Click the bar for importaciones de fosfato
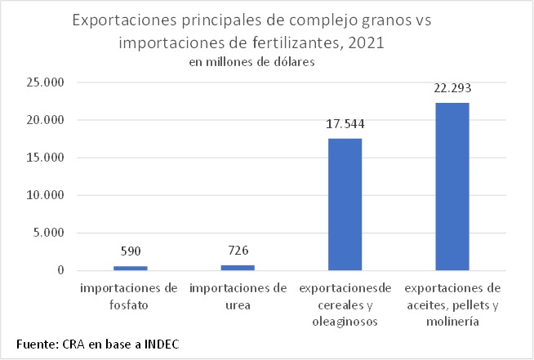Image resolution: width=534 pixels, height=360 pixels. pos(131,268)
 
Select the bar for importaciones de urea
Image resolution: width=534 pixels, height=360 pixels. pos(238,267)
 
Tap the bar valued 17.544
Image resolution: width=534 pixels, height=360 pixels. pos(345,204)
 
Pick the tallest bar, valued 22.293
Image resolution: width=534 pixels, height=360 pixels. pos(452,186)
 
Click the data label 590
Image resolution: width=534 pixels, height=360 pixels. pos(131,251)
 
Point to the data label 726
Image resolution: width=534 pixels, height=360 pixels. pos(238,250)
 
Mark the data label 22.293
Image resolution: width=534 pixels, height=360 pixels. pos(452,88)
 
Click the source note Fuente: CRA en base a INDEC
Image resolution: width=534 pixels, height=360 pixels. pos(98,343)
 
